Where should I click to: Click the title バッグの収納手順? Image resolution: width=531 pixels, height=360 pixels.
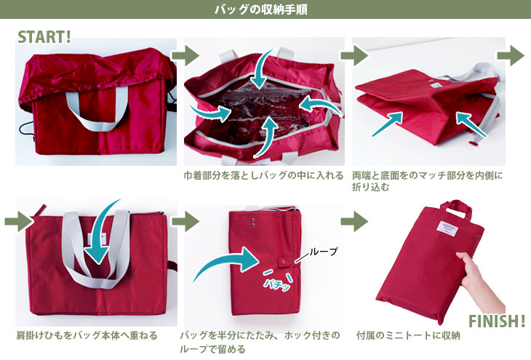[x=261, y=9]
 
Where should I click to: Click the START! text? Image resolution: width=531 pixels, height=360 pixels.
[x=44, y=37]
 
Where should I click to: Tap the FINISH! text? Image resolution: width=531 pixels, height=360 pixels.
[x=497, y=321]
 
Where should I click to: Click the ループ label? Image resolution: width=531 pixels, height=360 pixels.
[x=324, y=252]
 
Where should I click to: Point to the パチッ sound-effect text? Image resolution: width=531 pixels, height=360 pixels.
[x=278, y=284]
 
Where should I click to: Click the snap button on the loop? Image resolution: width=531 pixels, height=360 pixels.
[x=283, y=261]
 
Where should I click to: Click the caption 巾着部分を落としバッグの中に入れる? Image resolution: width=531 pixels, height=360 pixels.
[x=263, y=176]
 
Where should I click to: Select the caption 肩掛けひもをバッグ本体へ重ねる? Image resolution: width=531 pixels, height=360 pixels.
[x=87, y=335]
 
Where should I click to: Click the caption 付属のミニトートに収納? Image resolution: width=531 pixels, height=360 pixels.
[x=408, y=335]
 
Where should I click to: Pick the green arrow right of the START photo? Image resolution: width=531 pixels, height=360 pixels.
[x=185, y=55]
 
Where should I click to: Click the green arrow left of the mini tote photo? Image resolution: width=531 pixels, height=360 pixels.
[x=354, y=222]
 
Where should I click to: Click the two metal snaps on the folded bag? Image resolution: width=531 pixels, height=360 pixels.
[x=253, y=222]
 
